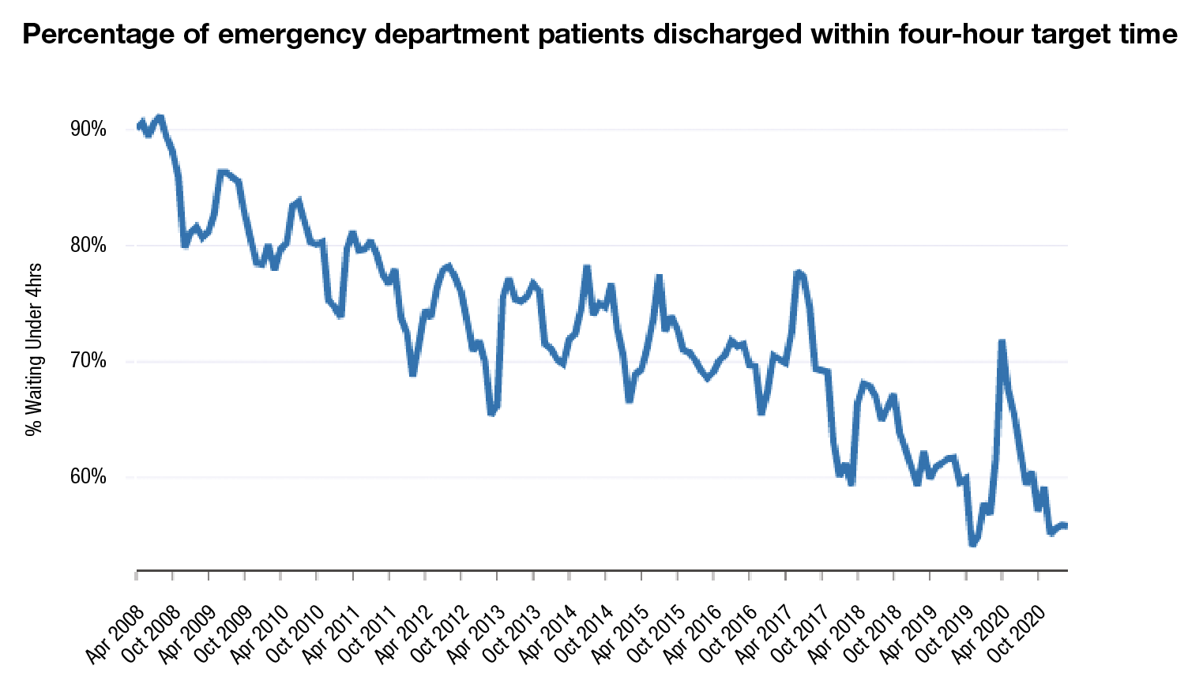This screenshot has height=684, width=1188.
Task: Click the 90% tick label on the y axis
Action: pyautogui.click(x=88, y=130)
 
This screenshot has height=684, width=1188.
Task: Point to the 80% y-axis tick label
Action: pyautogui.click(x=88, y=246)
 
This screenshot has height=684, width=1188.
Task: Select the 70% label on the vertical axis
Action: pyautogui.click(x=88, y=362)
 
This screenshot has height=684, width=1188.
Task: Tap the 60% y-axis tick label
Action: pyautogui.click(x=88, y=477)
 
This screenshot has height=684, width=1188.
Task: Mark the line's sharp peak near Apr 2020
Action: pyautogui.click(x=1002, y=341)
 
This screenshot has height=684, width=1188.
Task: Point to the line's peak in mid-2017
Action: pyautogui.click(x=799, y=272)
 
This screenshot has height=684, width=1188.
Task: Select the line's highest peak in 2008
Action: pyautogui.click(x=160, y=117)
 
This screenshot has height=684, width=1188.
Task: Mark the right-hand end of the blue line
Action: pyautogui.click(x=1066, y=526)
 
